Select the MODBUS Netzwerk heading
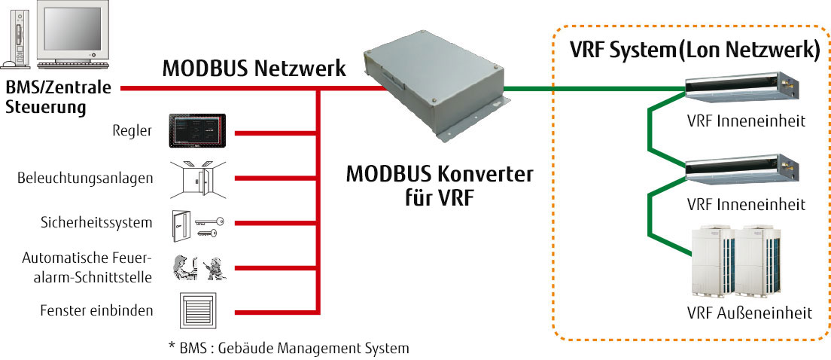[x=254, y=69]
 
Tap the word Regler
[x=135, y=132]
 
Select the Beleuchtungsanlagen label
[x=85, y=178]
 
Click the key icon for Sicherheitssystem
[x=205, y=224]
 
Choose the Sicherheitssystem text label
[x=96, y=223]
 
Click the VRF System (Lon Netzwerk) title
[x=694, y=51]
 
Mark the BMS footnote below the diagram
[x=289, y=348]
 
